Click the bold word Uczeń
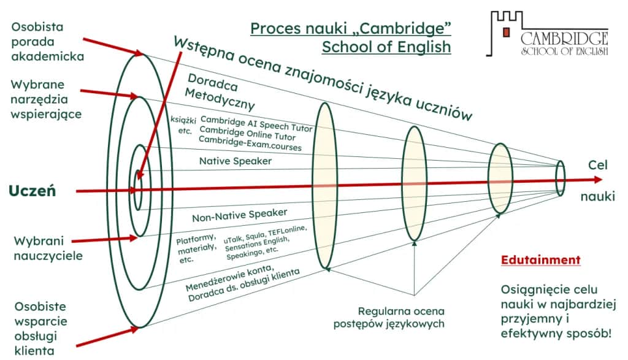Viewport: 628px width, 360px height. pos(33,191)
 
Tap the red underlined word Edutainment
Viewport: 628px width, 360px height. pos(540,259)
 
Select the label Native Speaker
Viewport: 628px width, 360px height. pos(235,161)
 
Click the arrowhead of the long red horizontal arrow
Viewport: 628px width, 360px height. pos(598,180)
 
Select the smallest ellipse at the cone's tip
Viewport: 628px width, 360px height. pos(560,177)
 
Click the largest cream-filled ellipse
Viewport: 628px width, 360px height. pos(325,186)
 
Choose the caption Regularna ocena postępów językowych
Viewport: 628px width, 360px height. pos(389,317)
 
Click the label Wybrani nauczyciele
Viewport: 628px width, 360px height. pos(48,248)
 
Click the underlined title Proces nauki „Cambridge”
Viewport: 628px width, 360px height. pos(350,28)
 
